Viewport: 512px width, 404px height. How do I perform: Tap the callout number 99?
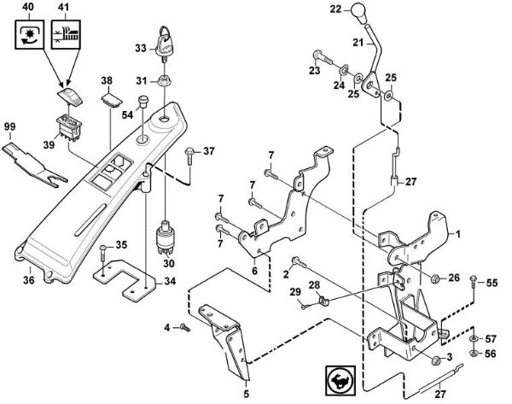9,126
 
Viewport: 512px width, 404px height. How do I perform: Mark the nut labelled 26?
433,278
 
